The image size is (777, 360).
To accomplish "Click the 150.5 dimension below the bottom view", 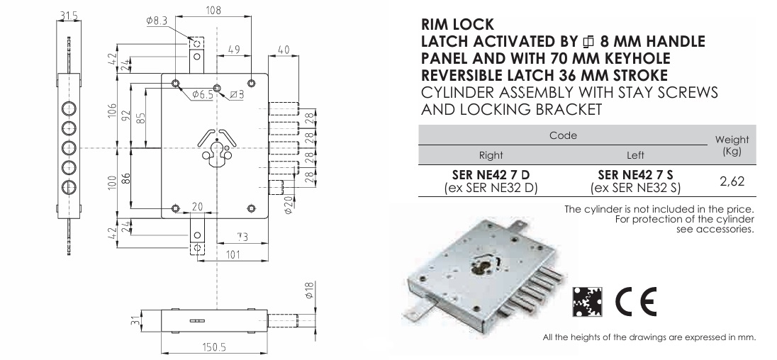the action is point(213,347).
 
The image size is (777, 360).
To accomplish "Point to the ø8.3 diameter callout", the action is point(157,21).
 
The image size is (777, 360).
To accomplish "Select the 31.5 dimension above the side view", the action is point(68,16).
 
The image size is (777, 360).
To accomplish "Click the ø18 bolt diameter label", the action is point(309,291).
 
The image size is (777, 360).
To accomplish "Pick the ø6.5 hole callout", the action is point(202,94).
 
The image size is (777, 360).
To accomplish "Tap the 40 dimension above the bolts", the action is point(284,50).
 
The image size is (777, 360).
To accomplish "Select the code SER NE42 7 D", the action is point(491,175).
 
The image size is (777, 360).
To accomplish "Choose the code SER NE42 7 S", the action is point(635,175).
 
